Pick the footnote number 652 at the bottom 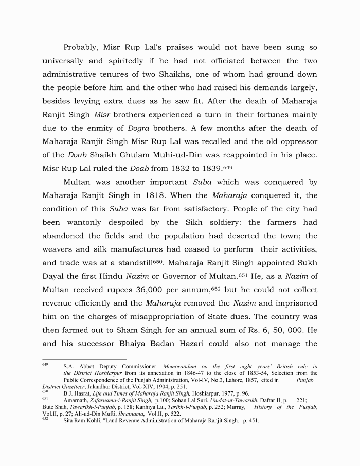[45, 419]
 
